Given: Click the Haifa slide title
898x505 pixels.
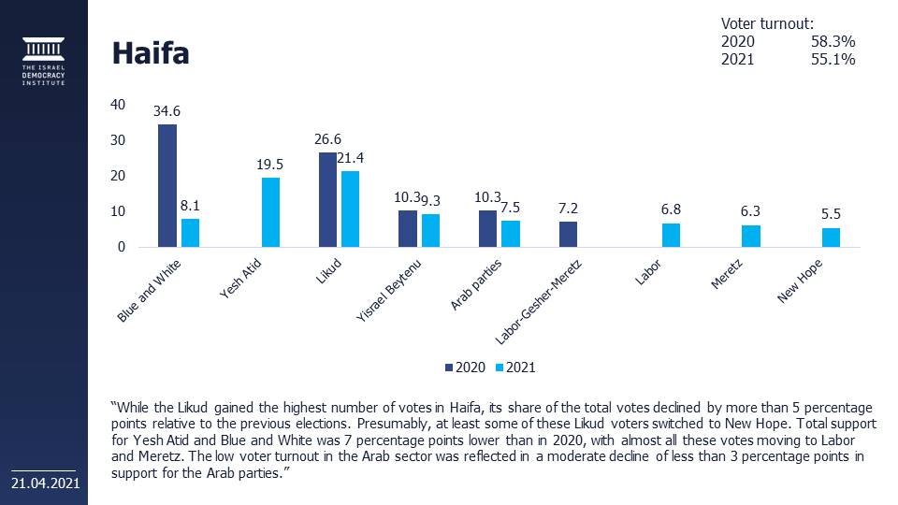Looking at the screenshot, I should pyautogui.click(x=151, y=53).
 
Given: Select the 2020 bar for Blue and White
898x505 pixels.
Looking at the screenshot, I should pyautogui.click(x=167, y=185).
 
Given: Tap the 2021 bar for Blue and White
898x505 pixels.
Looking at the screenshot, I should pyautogui.click(x=190, y=233).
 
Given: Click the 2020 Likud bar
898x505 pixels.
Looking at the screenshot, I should pyautogui.click(x=327, y=200).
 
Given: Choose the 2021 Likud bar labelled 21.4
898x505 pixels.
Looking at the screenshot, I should pyautogui.click(x=350, y=209).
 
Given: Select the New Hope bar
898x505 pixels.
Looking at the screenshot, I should pyautogui.click(x=832, y=238).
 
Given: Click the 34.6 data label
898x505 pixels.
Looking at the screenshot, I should pyautogui.click(x=167, y=111).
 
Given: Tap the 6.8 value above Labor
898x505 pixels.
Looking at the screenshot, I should pyautogui.click(x=672, y=209).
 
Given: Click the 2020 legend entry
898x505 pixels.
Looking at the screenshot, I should pyautogui.click(x=465, y=368).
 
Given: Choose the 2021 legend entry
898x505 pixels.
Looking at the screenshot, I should pyautogui.click(x=515, y=368).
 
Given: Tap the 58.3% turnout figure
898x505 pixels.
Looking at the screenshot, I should pyautogui.click(x=833, y=42).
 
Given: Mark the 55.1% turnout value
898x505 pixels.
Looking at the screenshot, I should pyautogui.click(x=833, y=60).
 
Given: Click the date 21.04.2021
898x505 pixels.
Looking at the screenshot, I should pyautogui.click(x=44, y=483).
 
